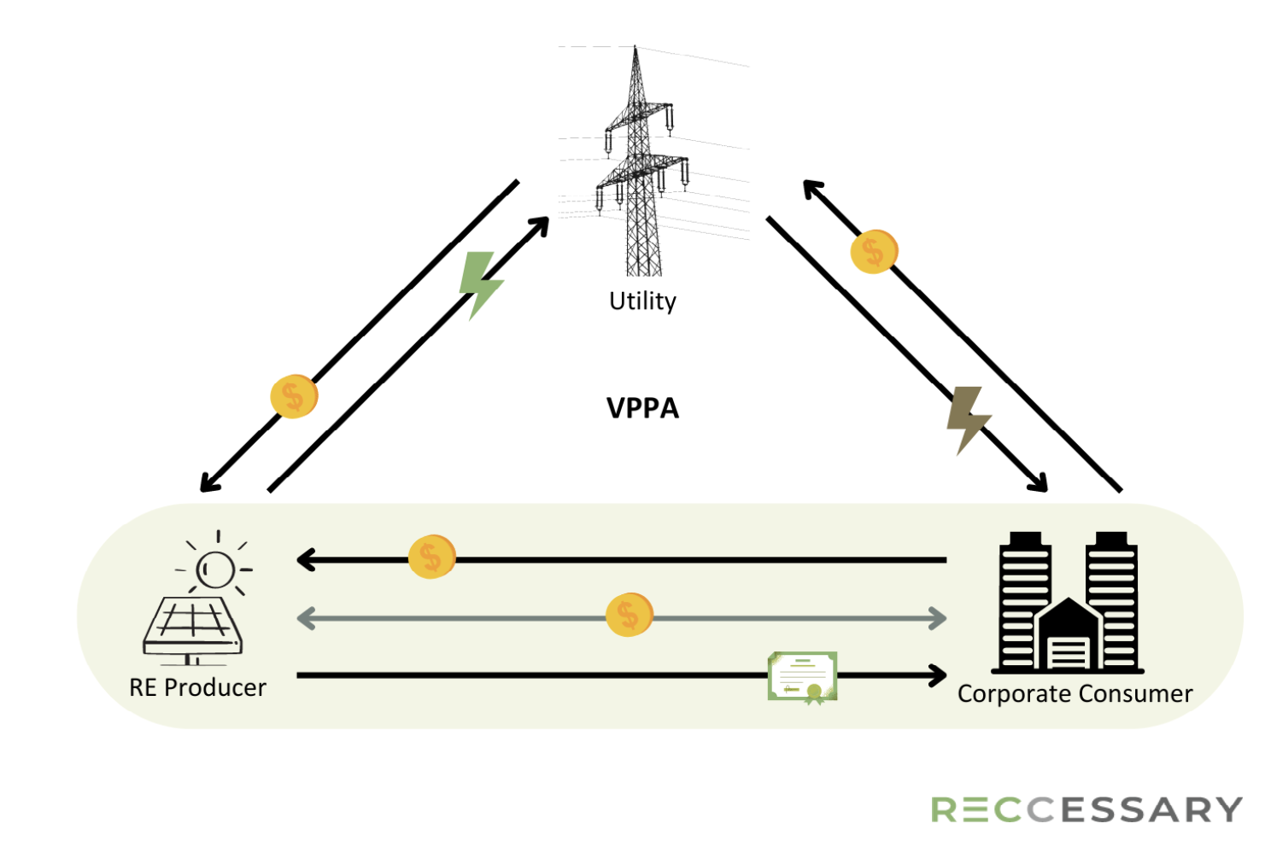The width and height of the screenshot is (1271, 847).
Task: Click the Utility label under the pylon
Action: (x=642, y=301)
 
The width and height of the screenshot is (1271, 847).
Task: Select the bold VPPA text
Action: (x=642, y=408)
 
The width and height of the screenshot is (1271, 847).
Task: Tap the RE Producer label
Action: (x=197, y=687)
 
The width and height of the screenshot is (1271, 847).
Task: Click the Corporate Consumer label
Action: (x=1075, y=694)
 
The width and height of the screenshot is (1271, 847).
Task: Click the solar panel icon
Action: (x=193, y=630)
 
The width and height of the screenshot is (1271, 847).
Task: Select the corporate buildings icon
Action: (x=1068, y=603)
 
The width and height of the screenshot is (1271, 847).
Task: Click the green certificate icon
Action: (x=802, y=678)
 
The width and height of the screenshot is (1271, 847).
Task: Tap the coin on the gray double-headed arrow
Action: (x=630, y=615)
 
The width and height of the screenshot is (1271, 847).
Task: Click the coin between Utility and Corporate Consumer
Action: (x=874, y=252)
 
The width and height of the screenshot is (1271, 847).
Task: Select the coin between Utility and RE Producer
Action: (x=294, y=396)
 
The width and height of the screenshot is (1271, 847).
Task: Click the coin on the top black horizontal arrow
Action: (x=432, y=557)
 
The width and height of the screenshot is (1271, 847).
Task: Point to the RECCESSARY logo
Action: (x=1086, y=809)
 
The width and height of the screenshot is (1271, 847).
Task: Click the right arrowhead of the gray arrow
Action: (x=937, y=618)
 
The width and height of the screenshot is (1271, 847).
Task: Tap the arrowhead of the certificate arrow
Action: (x=937, y=675)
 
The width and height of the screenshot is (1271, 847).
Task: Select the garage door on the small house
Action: (x=1069, y=653)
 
